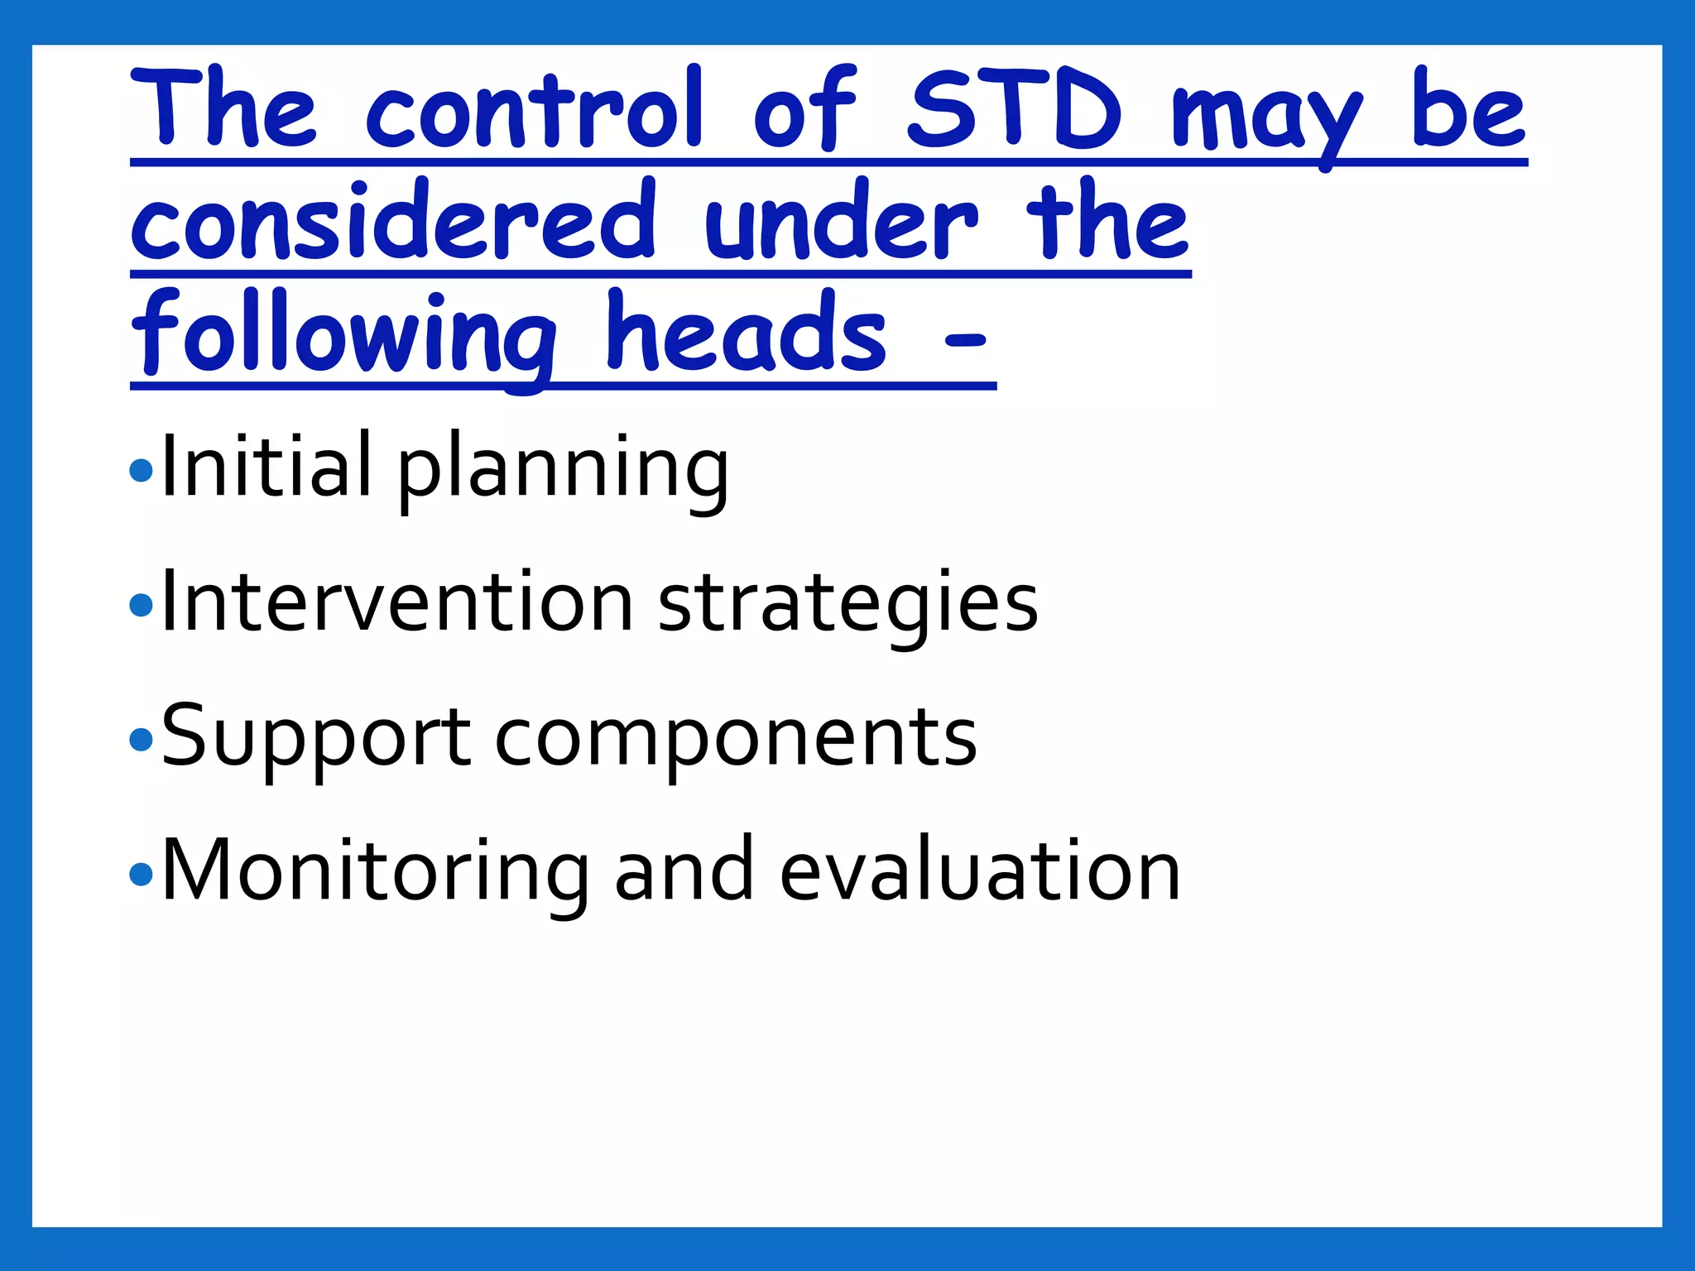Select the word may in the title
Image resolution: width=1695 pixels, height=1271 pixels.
click(1266, 116)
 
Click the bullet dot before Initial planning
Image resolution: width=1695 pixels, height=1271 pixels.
click(142, 472)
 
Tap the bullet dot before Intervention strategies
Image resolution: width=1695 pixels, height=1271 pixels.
click(142, 606)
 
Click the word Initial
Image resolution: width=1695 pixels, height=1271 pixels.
click(265, 468)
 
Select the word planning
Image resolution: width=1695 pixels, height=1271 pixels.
click(563, 472)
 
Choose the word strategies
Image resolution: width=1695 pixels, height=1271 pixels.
click(847, 606)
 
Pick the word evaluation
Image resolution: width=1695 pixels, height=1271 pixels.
click(980, 871)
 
